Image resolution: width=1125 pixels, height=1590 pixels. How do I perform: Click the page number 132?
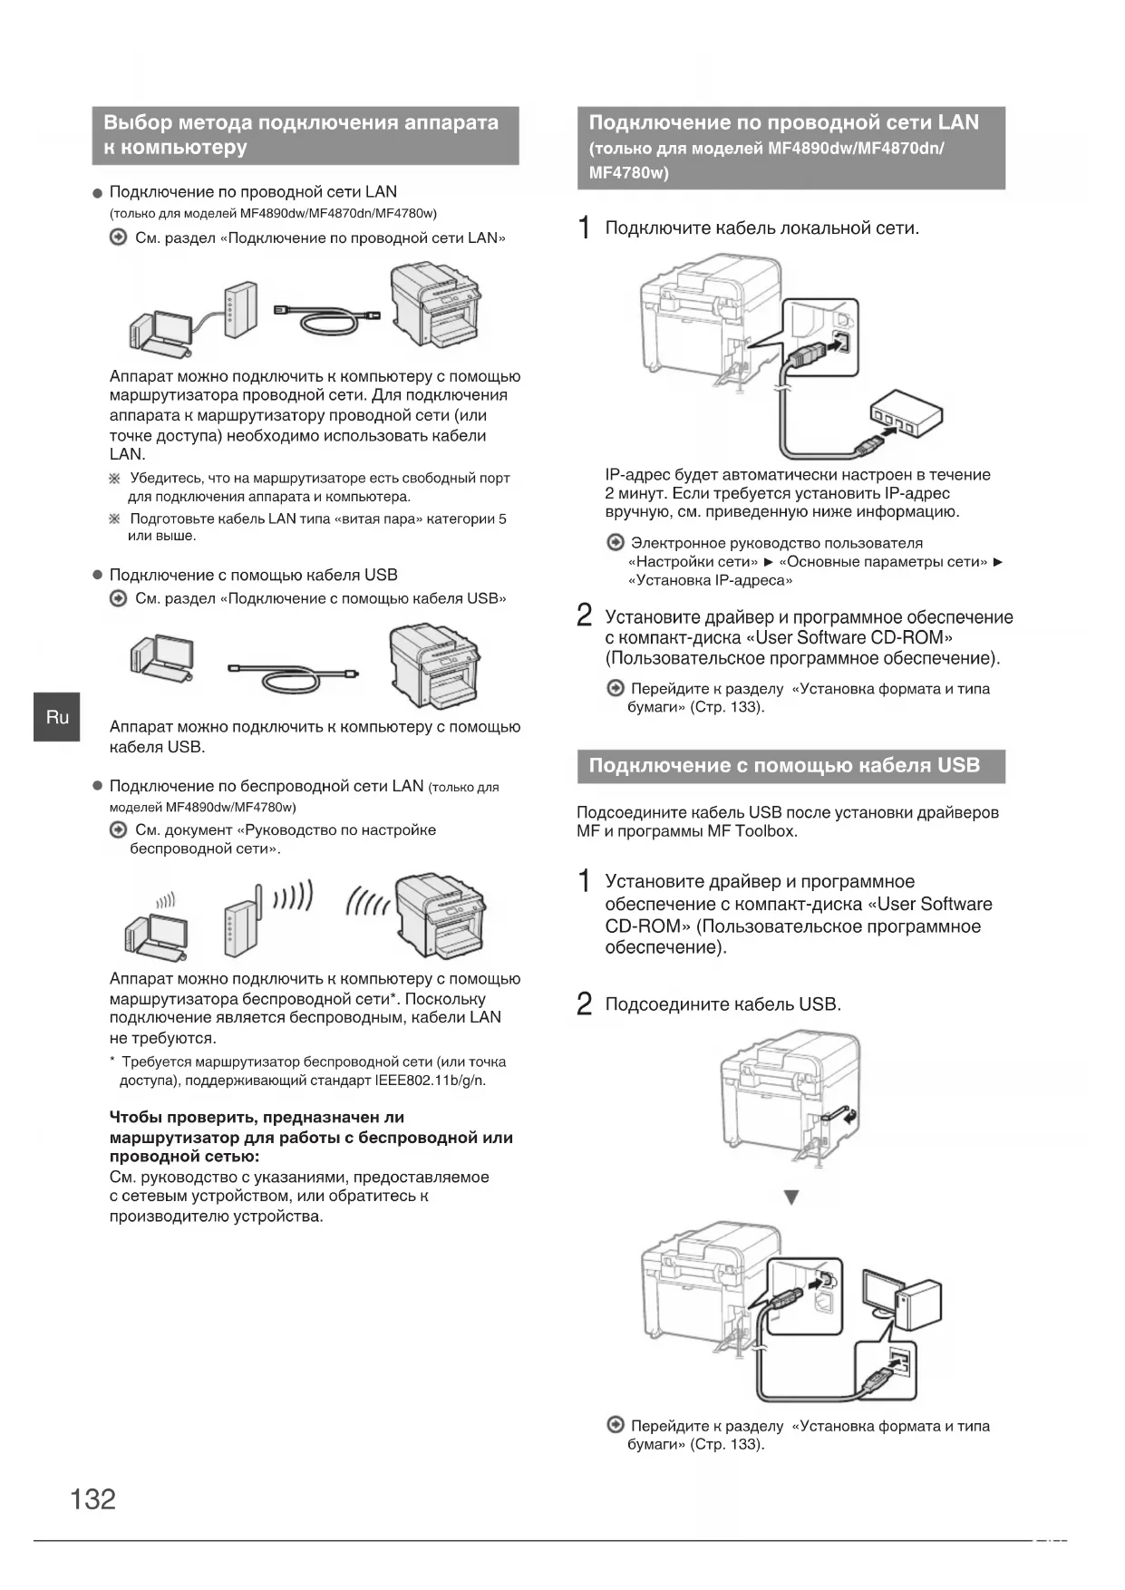(93, 1498)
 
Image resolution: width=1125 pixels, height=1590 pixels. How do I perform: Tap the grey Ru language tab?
(57, 717)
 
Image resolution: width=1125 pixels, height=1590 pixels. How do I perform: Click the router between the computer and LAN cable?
(239, 310)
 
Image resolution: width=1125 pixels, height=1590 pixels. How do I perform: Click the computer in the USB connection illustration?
(161, 658)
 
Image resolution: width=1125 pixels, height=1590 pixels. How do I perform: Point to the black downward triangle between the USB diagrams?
(791, 1198)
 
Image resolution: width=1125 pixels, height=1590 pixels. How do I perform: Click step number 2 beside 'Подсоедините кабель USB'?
(586, 1004)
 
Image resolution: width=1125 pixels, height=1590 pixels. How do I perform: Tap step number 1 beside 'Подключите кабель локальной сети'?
(586, 228)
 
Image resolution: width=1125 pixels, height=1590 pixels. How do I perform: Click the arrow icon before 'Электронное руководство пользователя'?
(616, 543)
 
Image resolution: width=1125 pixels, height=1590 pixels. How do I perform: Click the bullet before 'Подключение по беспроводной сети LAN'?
(97, 787)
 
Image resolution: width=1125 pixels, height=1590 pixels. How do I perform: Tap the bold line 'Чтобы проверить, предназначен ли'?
(257, 1117)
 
